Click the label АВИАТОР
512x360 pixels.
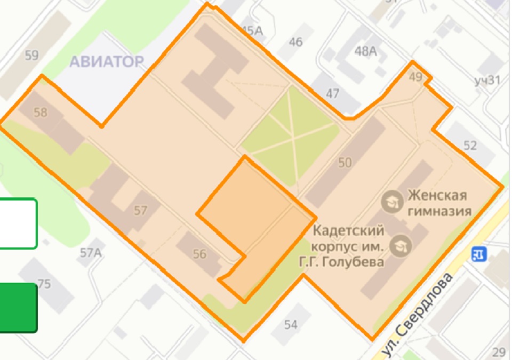(x=107, y=62)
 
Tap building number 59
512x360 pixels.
(x=31, y=55)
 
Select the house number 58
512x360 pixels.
(x=40, y=113)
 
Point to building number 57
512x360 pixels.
(x=140, y=211)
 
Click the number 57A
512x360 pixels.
(x=91, y=253)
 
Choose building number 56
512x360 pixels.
(x=199, y=254)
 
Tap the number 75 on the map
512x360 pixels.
(x=44, y=284)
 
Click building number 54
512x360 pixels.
(x=291, y=324)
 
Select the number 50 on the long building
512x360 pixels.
(x=345, y=163)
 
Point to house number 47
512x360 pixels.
(x=332, y=94)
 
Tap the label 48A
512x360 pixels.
(x=366, y=51)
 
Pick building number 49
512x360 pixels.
(x=415, y=77)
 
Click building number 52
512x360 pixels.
(x=470, y=145)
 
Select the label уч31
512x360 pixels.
(x=487, y=81)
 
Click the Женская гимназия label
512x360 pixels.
(x=439, y=203)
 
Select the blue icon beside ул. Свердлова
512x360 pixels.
(x=478, y=254)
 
